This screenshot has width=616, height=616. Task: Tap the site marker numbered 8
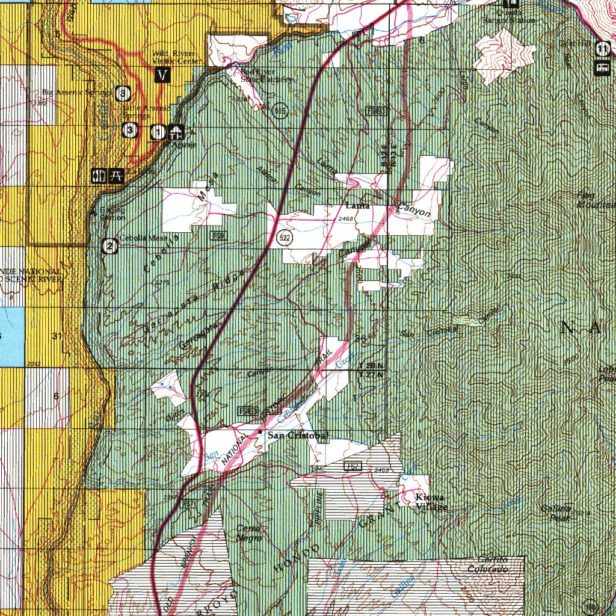pyautogui.click(x=123, y=93)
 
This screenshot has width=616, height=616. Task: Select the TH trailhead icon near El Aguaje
pyautogui.click(x=176, y=131)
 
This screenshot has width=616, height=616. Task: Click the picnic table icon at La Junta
pyautogui.click(x=116, y=176)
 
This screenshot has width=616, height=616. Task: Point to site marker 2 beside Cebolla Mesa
pyautogui.click(x=109, y=245)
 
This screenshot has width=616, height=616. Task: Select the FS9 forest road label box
pyautogui.click(x=218, y=236)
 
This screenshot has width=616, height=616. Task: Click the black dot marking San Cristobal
pyautogui.click(x=260, y=432)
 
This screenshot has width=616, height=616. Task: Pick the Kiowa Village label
pyautogui.click(x=431, y=502)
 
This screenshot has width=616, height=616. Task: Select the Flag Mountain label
pyautogui.click(x=596, y=200)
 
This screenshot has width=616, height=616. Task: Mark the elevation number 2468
pyautogui.click(x=346, y=219)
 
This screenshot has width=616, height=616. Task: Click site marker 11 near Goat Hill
pyautogui.click(x=603, y=48)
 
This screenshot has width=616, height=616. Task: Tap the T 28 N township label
pyautogui.click(x=370, y=366)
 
